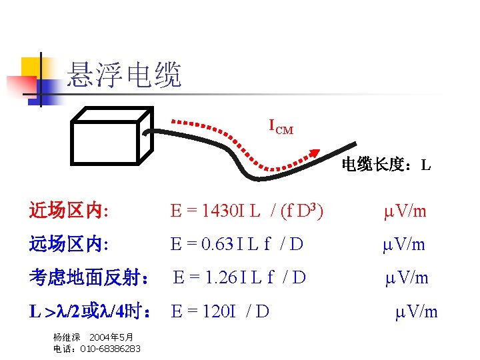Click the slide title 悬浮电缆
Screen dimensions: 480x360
(124, 75)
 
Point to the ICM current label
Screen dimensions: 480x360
(281, 125)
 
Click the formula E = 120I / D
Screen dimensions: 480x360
(220, 311)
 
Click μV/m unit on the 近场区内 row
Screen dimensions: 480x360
(405, 211)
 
